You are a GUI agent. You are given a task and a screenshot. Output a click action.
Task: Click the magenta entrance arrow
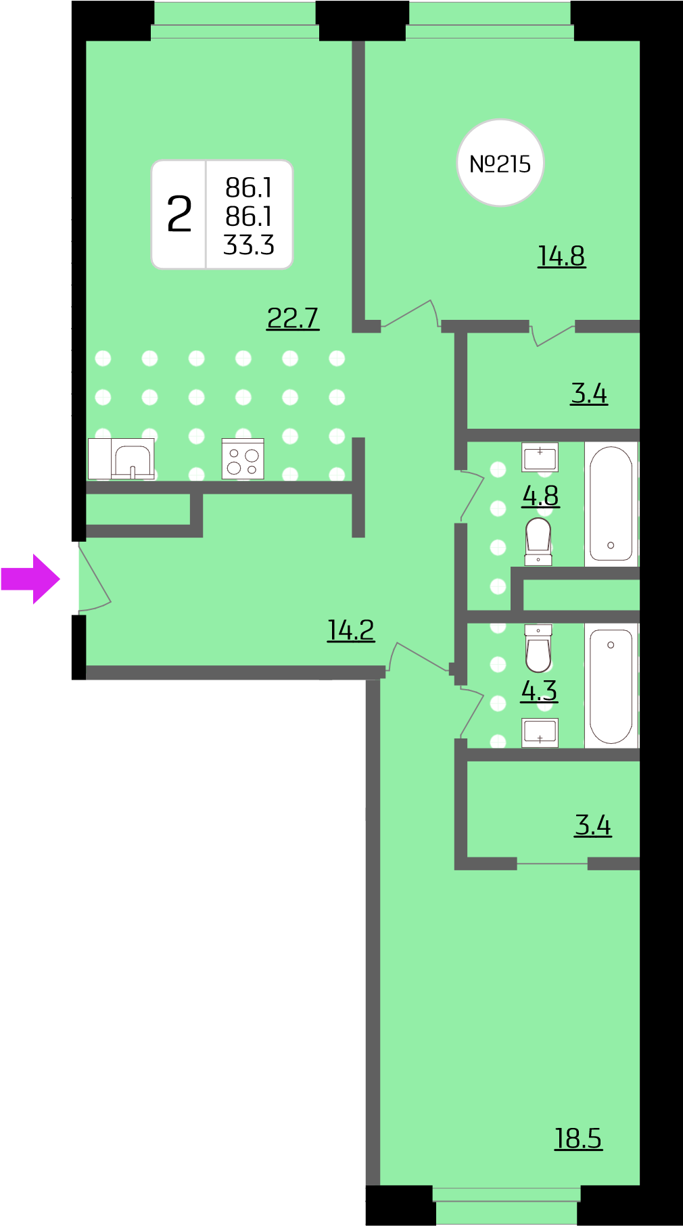pos(30,579)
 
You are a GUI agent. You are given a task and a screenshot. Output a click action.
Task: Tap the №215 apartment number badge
pos(500,163)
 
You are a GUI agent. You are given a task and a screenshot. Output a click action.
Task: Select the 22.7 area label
pos(293,318)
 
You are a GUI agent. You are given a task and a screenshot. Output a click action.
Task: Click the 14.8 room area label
pos(561,256)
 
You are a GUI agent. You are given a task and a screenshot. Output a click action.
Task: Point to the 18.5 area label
pos(578,1138)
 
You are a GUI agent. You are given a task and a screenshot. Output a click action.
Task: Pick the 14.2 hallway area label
pos(351,630)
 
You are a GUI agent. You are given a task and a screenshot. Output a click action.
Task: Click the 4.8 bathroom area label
pos(540,496)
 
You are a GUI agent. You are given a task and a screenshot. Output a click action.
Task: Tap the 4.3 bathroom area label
pos(539,690)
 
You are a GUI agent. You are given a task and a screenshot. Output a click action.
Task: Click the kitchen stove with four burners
pos(243,459)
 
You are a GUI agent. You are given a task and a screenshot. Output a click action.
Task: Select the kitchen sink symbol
pos(133,459)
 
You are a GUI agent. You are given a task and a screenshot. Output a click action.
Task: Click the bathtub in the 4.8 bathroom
pos(611,504)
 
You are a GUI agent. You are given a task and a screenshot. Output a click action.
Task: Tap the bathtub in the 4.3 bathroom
pos(611,686)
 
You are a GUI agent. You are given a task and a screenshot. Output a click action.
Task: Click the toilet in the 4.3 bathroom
pos(538,648)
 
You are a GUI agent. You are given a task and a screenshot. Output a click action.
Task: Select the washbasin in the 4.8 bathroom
pos(540,457)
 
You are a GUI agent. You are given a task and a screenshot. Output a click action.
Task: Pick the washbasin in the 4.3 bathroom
pos(540,732)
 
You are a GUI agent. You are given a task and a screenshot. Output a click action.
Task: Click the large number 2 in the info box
pos(179,214)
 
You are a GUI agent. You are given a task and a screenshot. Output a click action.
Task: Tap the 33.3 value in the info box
pos(249,245)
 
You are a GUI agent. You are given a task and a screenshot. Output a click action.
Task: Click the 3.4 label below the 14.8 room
pos(589,393)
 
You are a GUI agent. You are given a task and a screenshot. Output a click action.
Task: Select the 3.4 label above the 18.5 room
pos(593,825)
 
